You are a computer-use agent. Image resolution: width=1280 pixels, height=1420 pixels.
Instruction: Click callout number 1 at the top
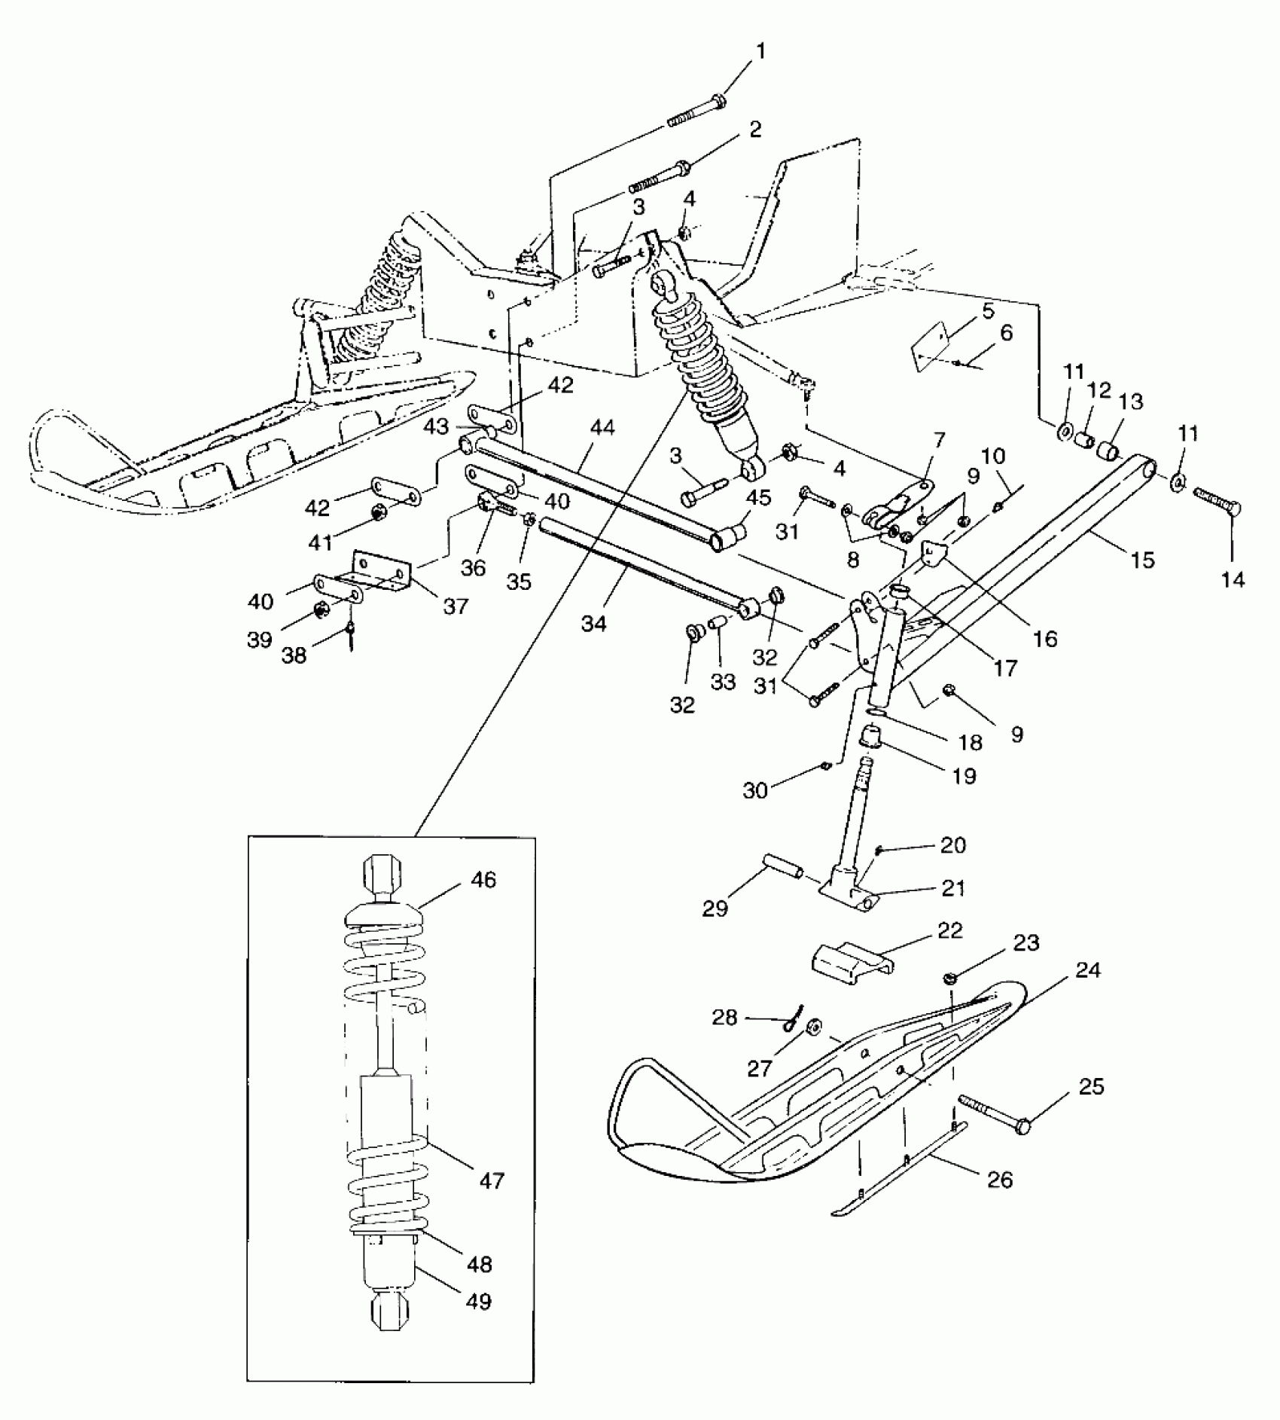point(760,52)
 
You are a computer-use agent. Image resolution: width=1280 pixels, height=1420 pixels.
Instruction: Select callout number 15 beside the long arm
point(1142,559)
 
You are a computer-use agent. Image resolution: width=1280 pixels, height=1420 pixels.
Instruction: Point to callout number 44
point(602,429)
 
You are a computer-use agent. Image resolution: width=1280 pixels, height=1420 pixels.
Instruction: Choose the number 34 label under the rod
point(593,623)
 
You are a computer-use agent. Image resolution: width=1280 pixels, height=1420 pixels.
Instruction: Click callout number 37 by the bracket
point(456,606)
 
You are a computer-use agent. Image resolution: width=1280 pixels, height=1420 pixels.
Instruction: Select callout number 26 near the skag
point(999,1179)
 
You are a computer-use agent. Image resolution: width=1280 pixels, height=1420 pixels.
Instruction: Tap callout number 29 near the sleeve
point(715,908)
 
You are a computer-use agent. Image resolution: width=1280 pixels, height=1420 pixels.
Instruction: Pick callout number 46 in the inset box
point(484,879)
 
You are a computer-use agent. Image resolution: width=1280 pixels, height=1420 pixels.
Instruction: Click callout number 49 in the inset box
point(479,1301)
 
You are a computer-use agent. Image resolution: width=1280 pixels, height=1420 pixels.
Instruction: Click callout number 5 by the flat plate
point(988,310)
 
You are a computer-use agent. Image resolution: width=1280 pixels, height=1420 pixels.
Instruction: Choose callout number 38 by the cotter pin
point(294,655)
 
